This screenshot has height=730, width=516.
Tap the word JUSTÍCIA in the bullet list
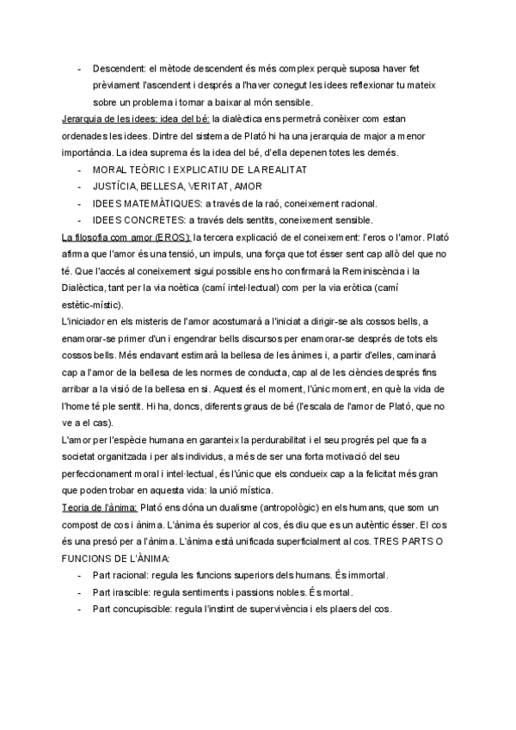(x=117, y=186)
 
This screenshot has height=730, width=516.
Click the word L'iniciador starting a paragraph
(x=87, y=321)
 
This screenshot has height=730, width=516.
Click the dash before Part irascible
(x=80, y=591)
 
